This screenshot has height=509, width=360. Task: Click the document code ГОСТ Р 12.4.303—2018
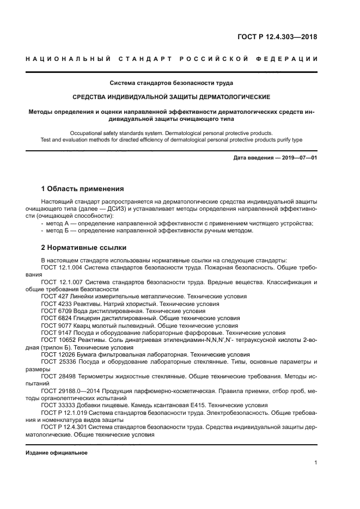(277, 38)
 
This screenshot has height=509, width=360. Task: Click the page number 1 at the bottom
(316, 463)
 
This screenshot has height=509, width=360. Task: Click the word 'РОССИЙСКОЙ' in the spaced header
(211, 59)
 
